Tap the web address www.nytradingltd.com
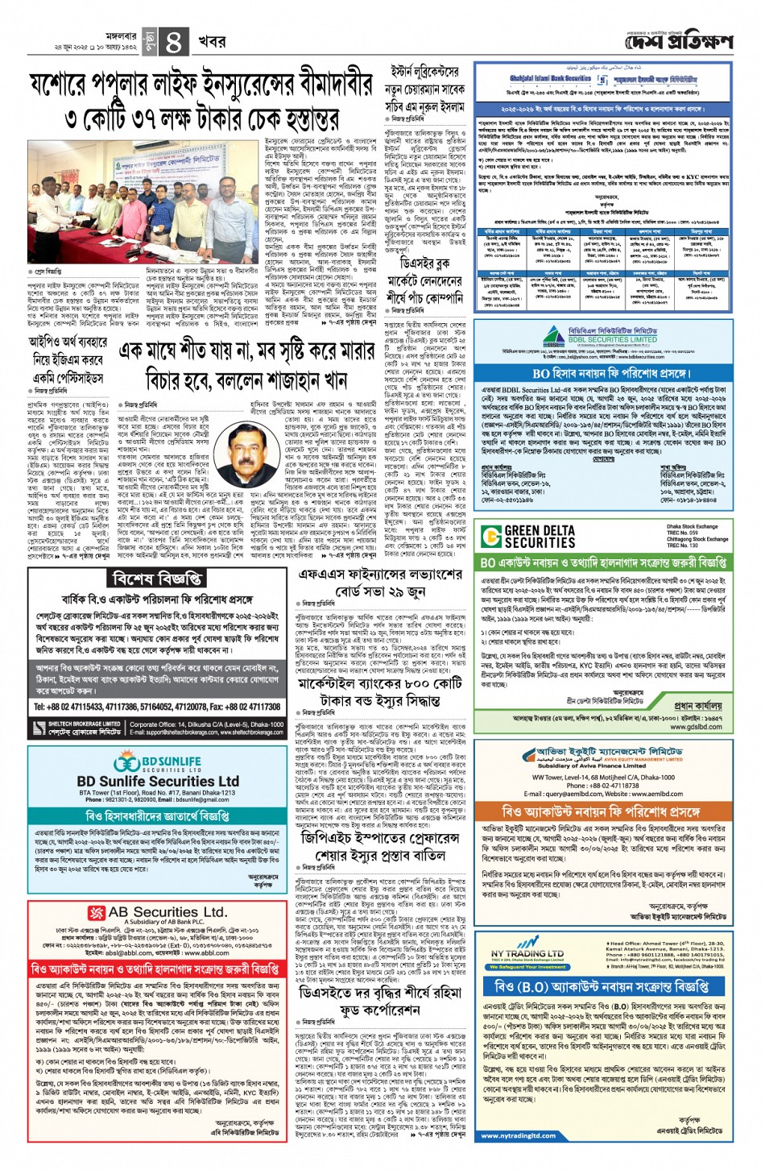click(x=515, y=1136)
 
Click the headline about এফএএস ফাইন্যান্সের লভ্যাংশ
click(x=381, y=582)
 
